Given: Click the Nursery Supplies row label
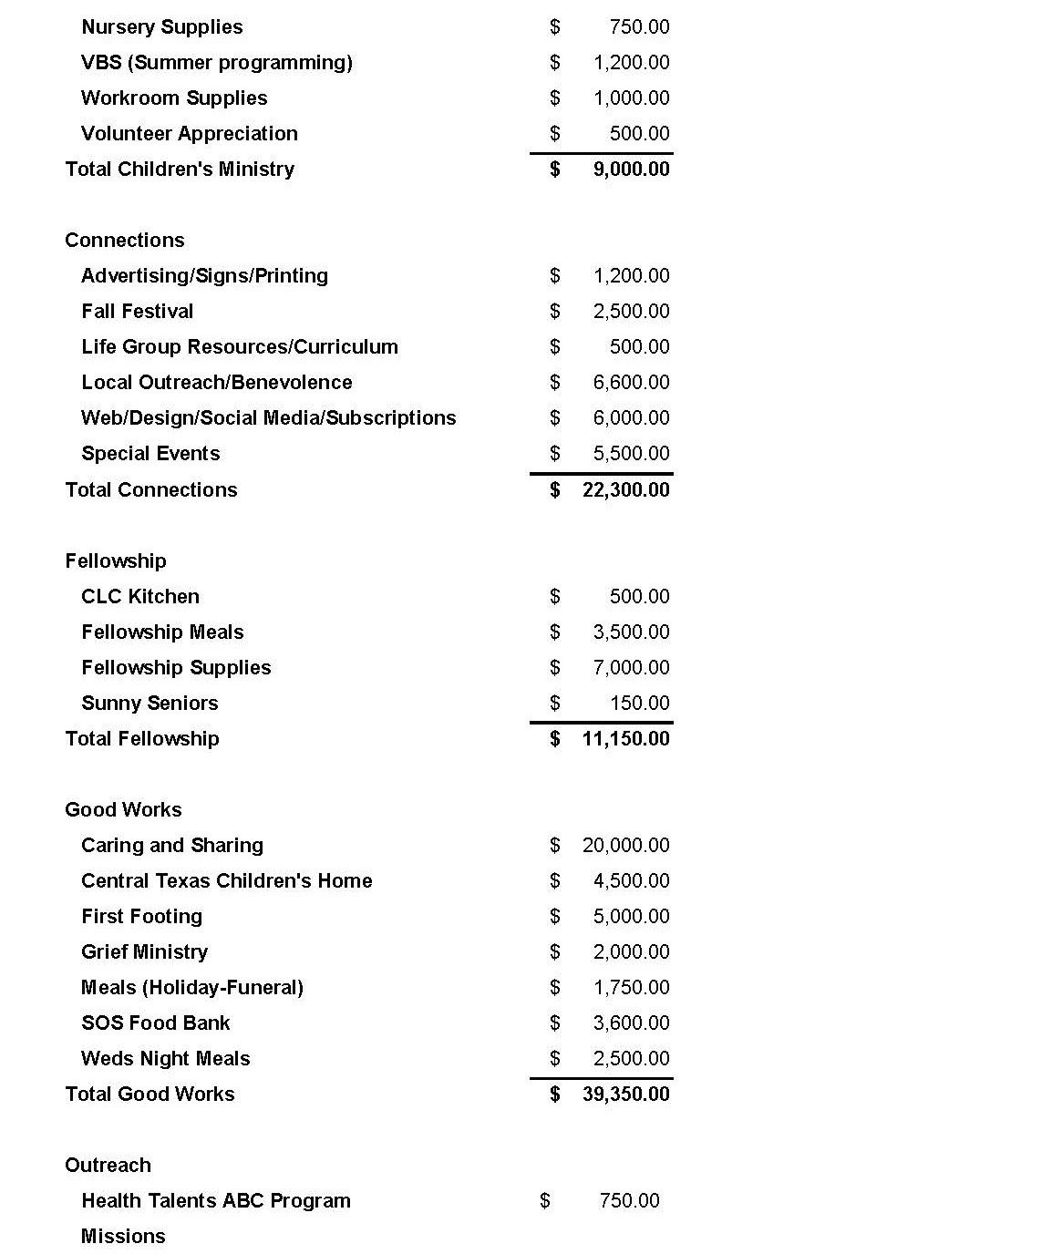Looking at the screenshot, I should (161, 27).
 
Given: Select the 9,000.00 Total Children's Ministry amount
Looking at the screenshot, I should (631, 170).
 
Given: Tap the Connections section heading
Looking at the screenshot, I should (125, 241).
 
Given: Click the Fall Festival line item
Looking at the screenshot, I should (137, 312).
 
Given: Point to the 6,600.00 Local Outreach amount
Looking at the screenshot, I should (631, 383).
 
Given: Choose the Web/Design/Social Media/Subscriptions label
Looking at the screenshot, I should (268, 418).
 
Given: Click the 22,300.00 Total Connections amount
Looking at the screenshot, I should (625, 490).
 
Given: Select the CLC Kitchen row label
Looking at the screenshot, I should (139, 597).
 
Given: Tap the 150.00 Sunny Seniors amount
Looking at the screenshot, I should (639, 704).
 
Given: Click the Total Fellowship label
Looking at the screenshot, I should (141, 739).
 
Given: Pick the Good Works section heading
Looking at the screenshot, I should (123, 810).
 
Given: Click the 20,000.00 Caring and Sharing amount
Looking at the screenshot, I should (625, 846).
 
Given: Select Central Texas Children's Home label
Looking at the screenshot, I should (226, 881).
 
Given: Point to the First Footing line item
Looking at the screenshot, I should (141, 917).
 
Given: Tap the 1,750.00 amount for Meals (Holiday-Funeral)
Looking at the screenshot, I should (631, 988).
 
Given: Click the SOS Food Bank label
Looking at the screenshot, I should (155, 1023).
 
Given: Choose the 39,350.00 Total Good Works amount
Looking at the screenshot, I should (625, 1095).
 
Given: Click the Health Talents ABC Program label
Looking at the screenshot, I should (215, 1201).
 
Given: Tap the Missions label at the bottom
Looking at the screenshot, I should (123, 1237).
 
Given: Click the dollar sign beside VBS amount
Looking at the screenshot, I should (554, 63).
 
